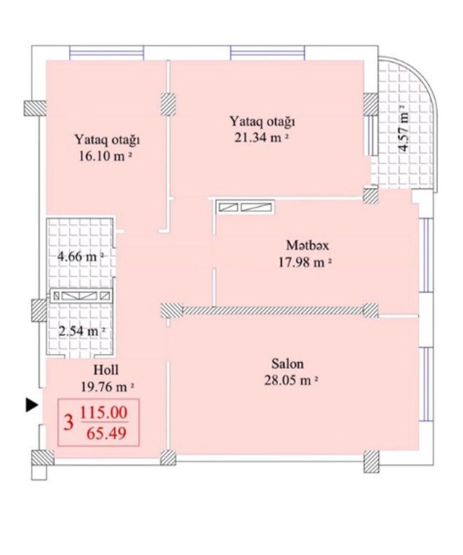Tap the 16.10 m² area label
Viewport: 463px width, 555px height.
click(105, 156)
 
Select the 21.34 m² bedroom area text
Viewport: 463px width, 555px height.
click(261, 137)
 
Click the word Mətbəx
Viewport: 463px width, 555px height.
click(308, 245)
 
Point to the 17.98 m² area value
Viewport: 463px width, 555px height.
click(305, 262)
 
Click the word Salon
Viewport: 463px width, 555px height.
click(287, 363)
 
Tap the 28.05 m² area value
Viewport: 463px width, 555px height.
click(292, 381)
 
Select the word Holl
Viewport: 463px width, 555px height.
click(105, 370)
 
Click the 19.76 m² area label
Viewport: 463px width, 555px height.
click(108, 387)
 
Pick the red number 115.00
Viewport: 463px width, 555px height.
click(104, 413)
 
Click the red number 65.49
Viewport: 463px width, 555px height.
click(106, 434)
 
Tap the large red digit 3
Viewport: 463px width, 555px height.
click(69, 423)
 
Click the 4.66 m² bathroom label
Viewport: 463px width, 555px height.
click(81, 256)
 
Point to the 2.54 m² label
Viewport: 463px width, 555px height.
click(82, 331)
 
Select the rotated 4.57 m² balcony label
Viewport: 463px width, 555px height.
click(404, 128)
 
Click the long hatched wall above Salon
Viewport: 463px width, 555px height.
click(274, 311)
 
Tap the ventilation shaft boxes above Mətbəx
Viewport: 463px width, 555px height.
click(246, 207)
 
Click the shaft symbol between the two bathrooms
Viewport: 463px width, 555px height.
click(81, 296)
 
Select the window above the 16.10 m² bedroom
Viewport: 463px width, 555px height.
click(107, 53)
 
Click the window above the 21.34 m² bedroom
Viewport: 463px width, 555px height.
click(268, 53)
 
